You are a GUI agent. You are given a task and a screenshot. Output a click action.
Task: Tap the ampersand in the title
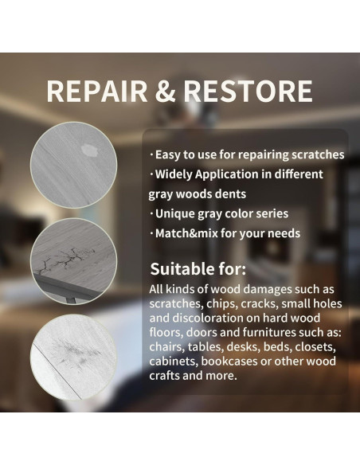(x=164, y=91)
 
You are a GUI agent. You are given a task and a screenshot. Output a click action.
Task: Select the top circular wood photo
(x=74, y=165)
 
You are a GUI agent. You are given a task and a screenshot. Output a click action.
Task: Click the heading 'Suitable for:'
(x=198, y=268)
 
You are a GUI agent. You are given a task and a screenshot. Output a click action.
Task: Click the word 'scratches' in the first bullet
(x=317, y=154)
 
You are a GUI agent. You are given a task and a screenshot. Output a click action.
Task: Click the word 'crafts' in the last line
(x=167, y=376)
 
